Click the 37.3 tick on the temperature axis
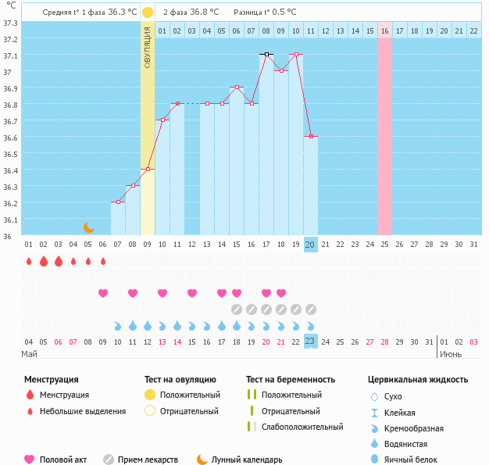(10, 23)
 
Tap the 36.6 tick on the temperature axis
(10, 138)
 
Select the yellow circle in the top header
(148, 13)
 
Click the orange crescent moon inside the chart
(89, 227)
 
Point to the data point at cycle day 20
(311, 136)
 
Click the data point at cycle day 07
(118, 202)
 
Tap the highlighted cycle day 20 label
(311, 245)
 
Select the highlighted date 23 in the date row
(311, 342)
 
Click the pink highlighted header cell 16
(384, 30)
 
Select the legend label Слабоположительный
(302, 427)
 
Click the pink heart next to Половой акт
(30, 460)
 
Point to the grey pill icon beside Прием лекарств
(109, 460)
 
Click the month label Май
(29, 354)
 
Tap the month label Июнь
(450, 354)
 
